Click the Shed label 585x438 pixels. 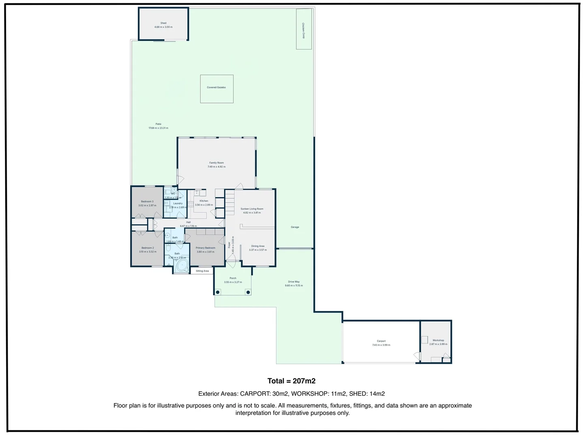[163, 23]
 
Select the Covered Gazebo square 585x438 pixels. [216, 88]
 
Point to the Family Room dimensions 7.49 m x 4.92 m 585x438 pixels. [216, 167]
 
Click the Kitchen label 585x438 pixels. [204, 201]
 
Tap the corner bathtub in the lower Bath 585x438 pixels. [181, 266]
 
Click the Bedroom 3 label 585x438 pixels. [147, 202]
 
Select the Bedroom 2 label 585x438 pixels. [148, 248]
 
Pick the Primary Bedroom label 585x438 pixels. [206, 248]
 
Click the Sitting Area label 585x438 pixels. [202, 271]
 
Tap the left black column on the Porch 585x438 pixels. [218, 292]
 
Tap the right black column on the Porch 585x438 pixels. [248, 292]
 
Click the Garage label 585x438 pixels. [295, 227]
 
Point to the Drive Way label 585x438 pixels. [294, 281]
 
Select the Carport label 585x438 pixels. [381, 341]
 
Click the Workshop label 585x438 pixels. [438, 340]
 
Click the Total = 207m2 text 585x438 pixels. [291, 381]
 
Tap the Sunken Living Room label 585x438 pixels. [252, 209]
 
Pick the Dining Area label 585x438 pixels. [258, 246]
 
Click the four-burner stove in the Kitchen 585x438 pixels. [191, 204]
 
